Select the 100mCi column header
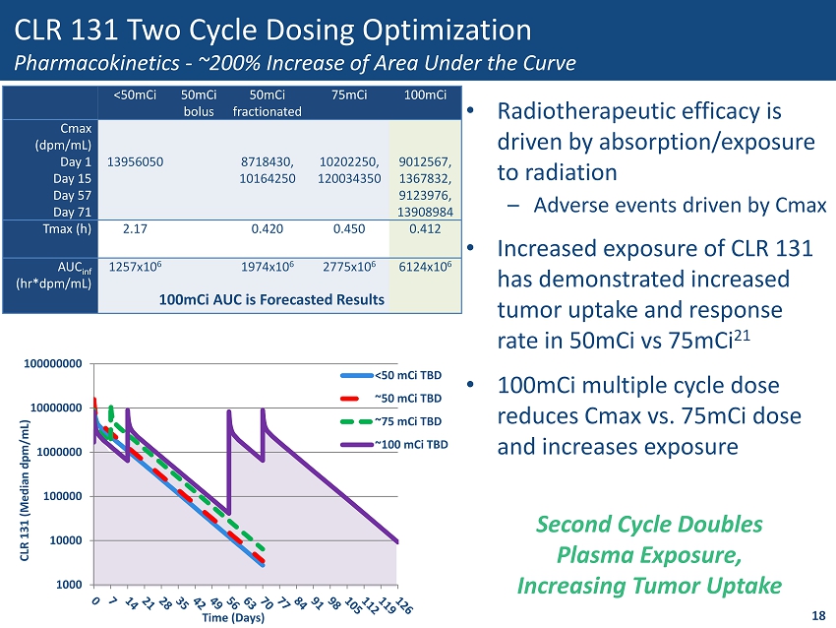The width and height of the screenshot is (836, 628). (x=426, y=95)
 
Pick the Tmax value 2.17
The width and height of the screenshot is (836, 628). (x=135, y=229)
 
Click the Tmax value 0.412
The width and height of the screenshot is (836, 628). (x=426, y=229)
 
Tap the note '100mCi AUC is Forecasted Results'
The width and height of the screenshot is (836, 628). (x=271, y=298)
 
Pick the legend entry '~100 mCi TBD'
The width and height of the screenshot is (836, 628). (x=411, y=444)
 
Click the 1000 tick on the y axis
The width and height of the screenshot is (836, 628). (x=70, y=585)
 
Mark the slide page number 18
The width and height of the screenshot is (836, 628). (x=818, y=615)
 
